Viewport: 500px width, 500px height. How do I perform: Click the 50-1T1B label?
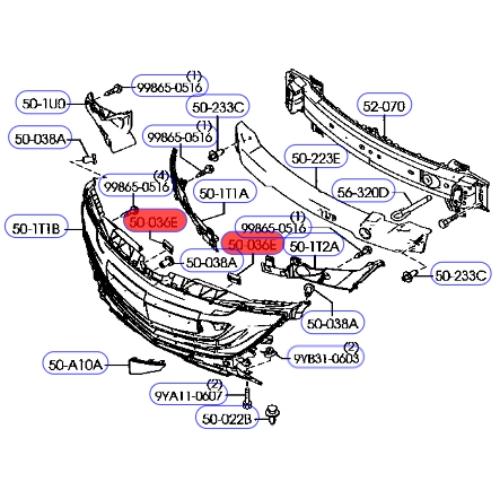pos(37,228)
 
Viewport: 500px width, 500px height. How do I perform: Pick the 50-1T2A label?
pos(314,244)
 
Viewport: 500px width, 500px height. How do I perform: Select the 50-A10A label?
pos(75,365)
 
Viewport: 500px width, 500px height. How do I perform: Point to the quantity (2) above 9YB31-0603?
pos(351,346)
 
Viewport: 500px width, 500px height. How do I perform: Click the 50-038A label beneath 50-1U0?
pos(39,138)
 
